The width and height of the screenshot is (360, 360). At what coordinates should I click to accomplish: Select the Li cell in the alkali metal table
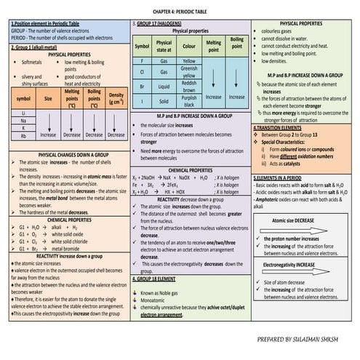click(x=24, y=113)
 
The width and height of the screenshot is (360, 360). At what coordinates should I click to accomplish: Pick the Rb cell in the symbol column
click(x=24, y=135)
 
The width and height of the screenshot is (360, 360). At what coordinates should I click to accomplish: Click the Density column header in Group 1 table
click(x=116, y=97)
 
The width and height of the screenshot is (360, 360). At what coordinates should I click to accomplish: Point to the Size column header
click(x=49, y=97)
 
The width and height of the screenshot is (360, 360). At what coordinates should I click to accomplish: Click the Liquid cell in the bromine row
click(x=164, y=84)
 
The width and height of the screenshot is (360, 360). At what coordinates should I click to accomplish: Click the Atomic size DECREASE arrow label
click(x=294, y=219)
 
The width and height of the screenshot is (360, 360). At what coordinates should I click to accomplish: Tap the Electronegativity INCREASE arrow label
click(x=294, y=265)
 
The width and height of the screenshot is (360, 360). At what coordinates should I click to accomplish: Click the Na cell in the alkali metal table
click(x=24, y=120)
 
